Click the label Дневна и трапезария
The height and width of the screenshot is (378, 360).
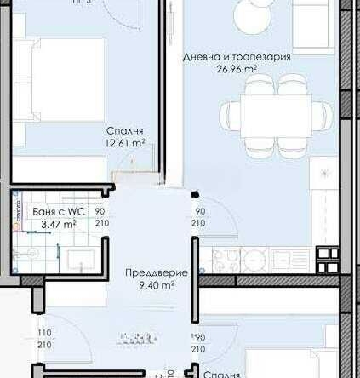click(237, 57)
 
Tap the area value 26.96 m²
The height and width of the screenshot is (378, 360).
click(237, 70)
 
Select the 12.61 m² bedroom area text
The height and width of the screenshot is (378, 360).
click(125, 143)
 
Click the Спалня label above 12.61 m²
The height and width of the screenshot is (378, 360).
click(124, 130)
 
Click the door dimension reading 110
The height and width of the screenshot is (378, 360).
click(43, 334)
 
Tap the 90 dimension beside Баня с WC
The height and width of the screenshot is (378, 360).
click(100, 211)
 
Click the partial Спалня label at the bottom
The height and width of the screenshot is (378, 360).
click(220, 373)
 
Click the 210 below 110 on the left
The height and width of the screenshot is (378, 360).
click(43, 346)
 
